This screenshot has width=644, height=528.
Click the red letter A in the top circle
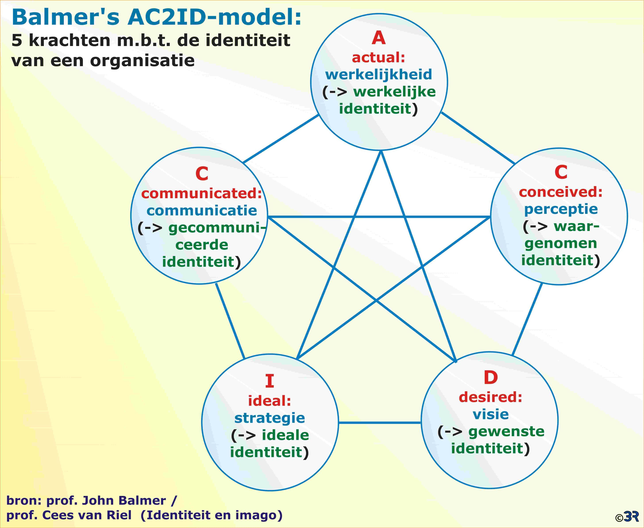(379, 38)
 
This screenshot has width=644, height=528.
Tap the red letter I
(270, 381)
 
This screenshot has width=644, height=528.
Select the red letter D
(491, 378)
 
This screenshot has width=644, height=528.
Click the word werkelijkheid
(379, 74)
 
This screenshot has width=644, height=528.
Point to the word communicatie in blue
(202, 211)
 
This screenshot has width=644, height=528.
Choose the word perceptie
(561, 209)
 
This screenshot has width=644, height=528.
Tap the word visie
(491, 414)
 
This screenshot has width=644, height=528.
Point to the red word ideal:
(270, 401)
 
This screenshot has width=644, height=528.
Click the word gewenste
(506, 432)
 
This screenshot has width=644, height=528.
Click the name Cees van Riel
(87, 515)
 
